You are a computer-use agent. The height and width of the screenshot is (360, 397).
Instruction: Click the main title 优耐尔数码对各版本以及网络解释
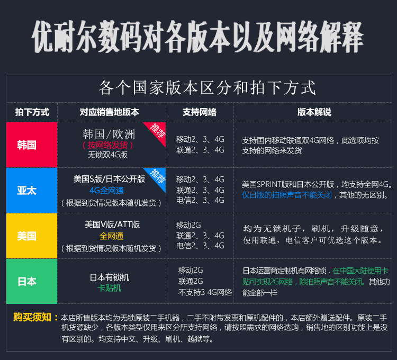[x=198, y=36]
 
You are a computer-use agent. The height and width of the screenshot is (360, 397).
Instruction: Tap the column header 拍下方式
[x=32, y=112]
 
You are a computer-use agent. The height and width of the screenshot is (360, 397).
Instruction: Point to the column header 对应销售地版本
[x=110, y=112]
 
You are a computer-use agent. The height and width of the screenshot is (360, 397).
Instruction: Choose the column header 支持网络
[x=200, y=112]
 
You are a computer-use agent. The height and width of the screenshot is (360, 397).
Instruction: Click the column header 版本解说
[x=314, y=112]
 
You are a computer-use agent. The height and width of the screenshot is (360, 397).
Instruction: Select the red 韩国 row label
[x=27, y=145]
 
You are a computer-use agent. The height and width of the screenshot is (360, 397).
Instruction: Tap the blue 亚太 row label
[x=27, y=191]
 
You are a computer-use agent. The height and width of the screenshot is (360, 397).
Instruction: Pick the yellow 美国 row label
[x=27, y=236]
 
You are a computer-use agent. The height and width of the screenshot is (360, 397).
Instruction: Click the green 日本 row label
[x=27, y=281]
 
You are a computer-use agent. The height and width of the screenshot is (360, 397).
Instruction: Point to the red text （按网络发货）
[x=108, y=145]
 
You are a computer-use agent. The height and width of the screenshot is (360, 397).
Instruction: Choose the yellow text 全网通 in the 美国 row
[x=111, y=236]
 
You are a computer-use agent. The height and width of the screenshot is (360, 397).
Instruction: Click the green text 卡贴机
[x=110, y=288]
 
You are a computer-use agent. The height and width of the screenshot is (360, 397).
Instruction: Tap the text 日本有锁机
[x=110, y=277]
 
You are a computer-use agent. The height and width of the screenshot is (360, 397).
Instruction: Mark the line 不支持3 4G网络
[x=205, y=292]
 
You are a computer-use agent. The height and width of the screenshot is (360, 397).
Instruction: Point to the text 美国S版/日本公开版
[x=109, y=179]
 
